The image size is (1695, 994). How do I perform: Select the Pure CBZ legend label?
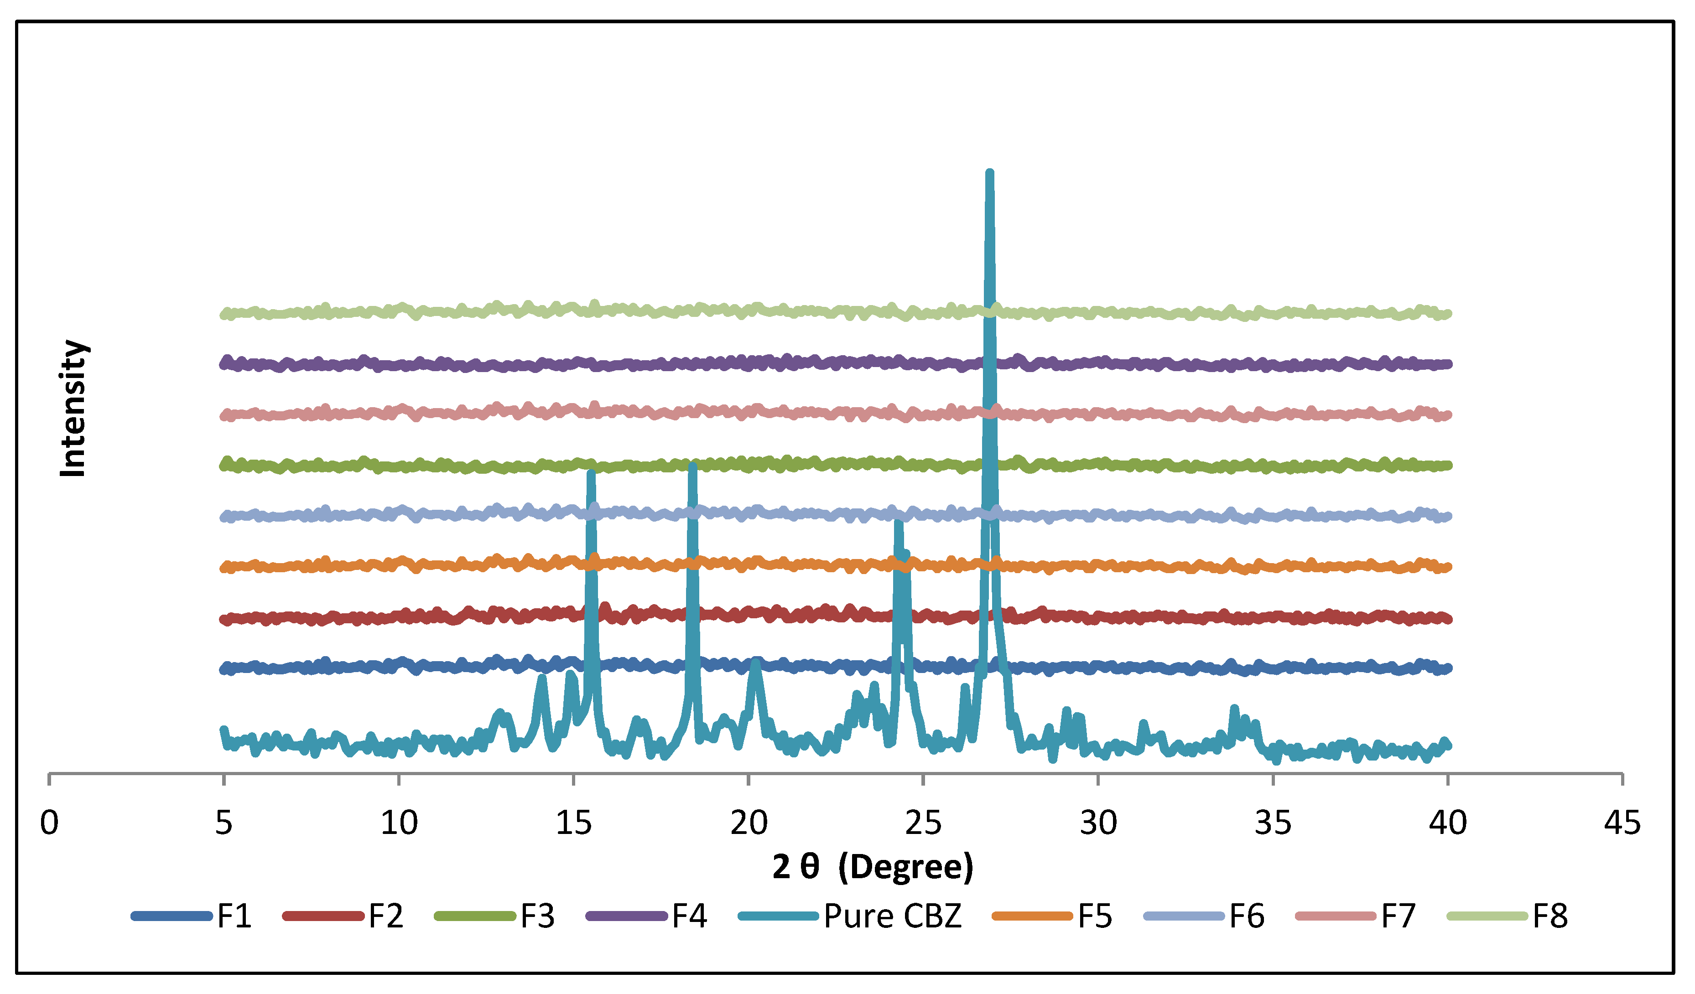pos(893,916)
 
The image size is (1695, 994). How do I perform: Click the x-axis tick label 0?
pos(49,823)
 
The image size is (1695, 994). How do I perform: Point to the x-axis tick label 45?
pos(1622,823)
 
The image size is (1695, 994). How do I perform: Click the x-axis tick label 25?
pos(923,823)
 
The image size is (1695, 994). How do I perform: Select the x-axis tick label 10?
pos(399,823)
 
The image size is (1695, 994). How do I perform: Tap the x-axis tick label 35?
pos(1273,823)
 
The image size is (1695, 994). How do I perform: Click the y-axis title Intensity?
pos(73,408)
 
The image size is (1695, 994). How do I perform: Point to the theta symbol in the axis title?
pos(810,866)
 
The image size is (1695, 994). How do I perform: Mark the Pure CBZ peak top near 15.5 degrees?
pos(591,473)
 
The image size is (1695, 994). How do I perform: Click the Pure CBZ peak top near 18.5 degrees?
pos(692,466)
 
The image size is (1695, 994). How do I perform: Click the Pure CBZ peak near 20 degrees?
pos(755,663)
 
